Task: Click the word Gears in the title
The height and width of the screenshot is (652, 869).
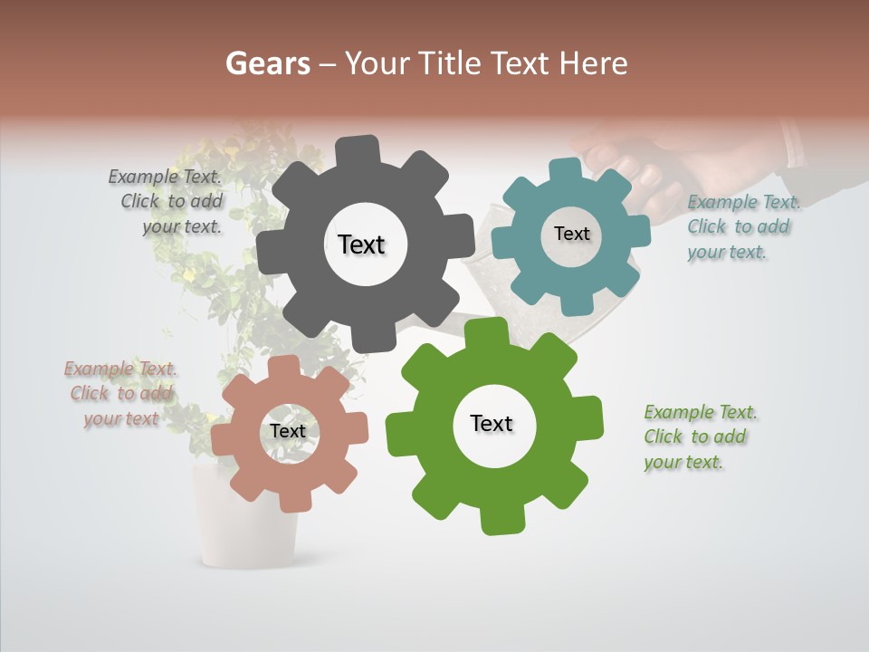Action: coord(268,63)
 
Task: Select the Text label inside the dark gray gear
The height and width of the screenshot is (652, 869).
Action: coord(362,244)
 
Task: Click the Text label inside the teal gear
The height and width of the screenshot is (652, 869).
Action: coord(571,234)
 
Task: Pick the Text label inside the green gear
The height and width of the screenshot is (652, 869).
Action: coord(492,424)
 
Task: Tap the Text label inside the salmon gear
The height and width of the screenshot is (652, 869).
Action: coord(288,431)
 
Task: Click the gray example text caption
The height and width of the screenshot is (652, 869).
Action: coord(167,201)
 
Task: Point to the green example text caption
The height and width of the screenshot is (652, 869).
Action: coord(699,436)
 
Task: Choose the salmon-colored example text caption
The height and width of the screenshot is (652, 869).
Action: coord(119,393)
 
